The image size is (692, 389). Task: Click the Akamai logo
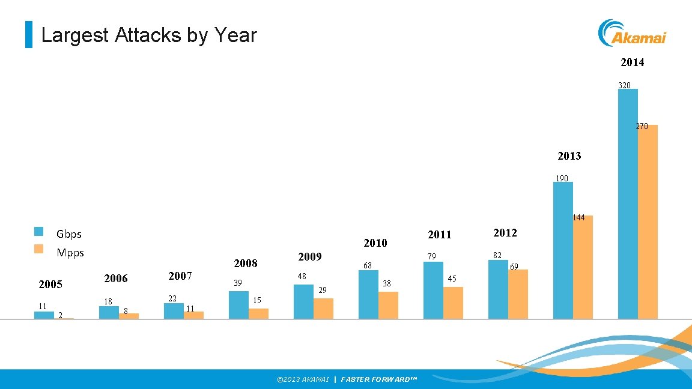coord(632,33)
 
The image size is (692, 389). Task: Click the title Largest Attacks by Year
coord(149,35)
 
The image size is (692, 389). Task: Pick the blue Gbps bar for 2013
coord(563,250)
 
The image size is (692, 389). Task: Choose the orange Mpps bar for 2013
coord(583,267)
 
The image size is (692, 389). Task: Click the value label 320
coord(624,85)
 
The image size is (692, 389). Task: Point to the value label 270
coord(642,127)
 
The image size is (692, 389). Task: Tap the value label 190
coord(562,178)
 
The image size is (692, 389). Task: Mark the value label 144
coord(578,218)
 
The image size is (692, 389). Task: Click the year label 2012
coord(505,232)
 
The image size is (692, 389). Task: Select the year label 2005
coord(50,285)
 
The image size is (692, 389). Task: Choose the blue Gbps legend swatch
coord(39,232)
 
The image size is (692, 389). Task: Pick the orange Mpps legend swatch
coord(39,249)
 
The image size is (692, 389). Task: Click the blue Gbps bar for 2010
coord(368,294)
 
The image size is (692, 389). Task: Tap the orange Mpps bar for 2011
coord(453,303)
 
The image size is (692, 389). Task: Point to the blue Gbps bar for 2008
coord(238,305)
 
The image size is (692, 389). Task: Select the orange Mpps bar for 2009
coord(323,309)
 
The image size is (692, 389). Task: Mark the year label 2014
coord(632,62)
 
